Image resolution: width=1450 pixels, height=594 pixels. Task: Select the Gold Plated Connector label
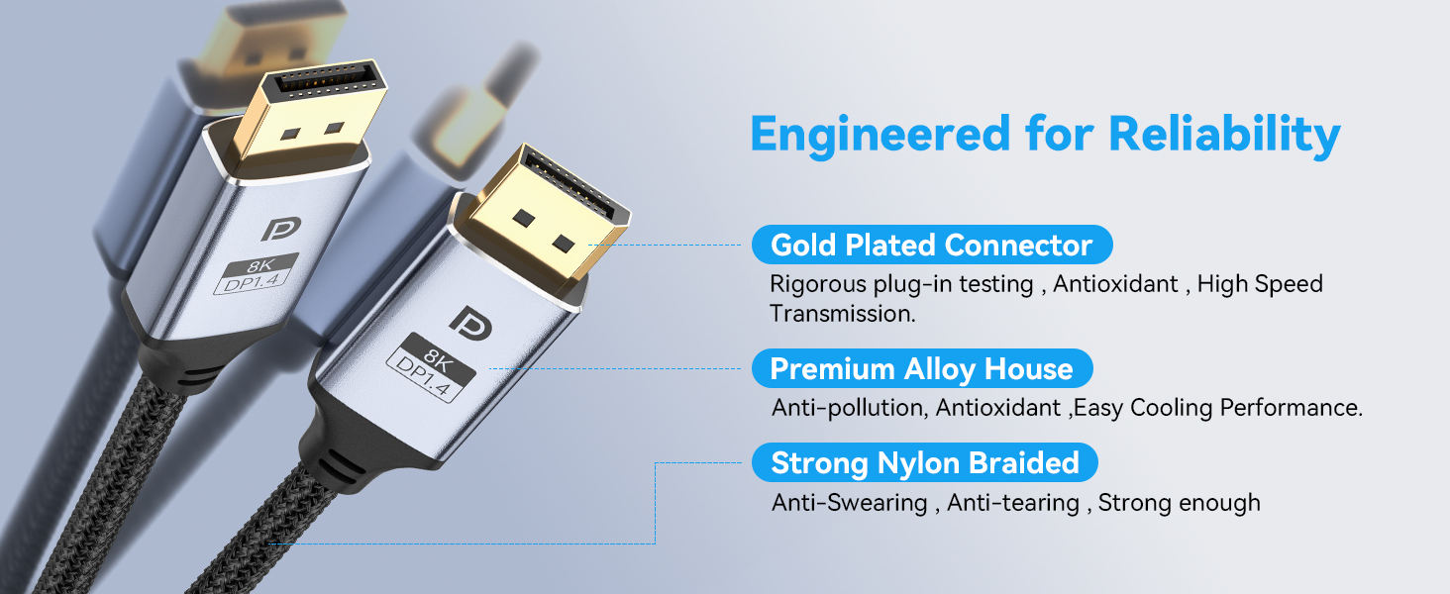click(x=931, y=245)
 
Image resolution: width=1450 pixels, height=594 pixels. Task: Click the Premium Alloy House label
click(x=921, y=369)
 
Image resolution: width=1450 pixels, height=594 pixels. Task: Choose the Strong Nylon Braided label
click(x=924, y=462)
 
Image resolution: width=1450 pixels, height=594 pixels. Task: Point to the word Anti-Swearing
click(x=850, y=503)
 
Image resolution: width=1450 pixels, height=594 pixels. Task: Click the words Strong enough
click(x=1179, y=503)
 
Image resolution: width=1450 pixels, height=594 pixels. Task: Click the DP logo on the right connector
click(x=466, y=319)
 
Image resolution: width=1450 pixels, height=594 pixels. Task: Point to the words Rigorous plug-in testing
click(x=901, y=284)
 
